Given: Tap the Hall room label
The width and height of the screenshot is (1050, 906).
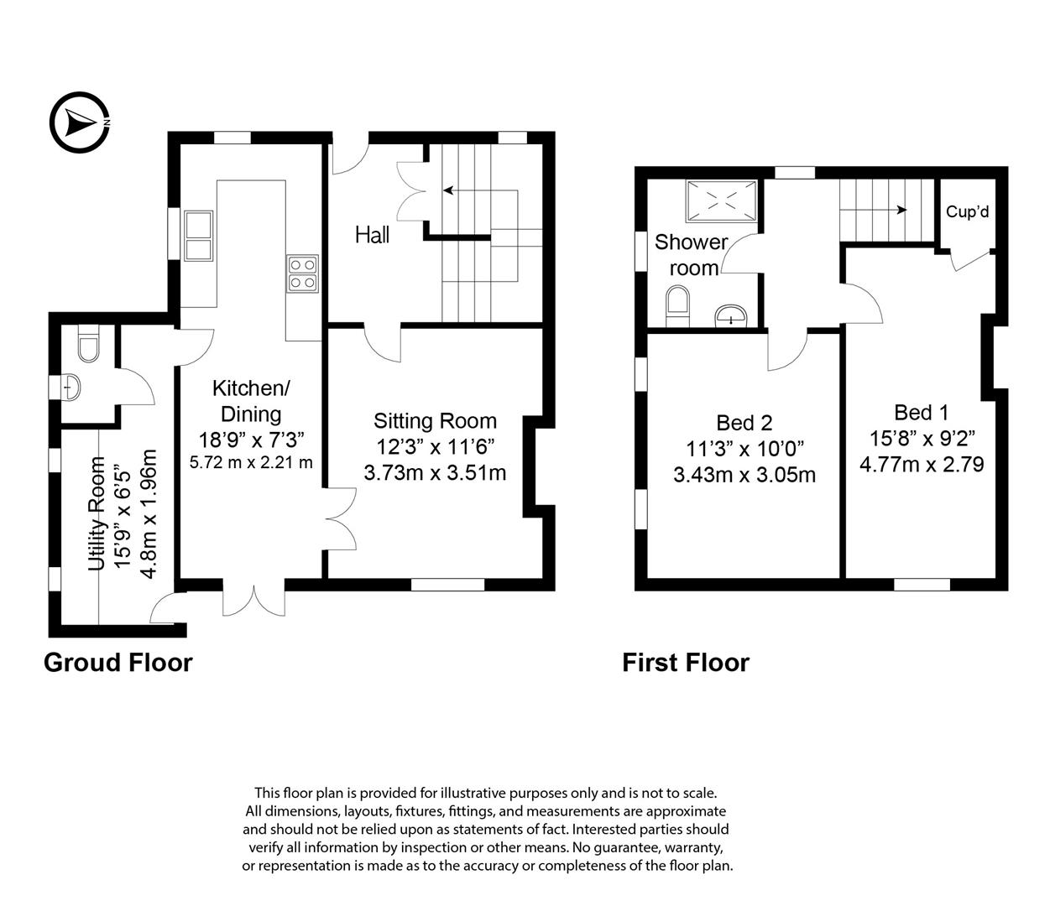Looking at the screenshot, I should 372,235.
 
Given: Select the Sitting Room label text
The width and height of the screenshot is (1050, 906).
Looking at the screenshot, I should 435,421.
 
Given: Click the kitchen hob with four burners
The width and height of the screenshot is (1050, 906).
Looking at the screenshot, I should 303,273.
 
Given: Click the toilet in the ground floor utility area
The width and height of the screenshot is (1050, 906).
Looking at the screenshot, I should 86,346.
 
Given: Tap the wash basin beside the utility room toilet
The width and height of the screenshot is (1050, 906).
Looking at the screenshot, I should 73,388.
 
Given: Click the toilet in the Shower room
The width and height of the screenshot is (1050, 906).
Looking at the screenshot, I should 676,306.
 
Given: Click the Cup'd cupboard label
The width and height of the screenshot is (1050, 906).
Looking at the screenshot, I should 967,212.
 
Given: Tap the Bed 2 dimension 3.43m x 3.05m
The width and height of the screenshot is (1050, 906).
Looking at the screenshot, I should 744,475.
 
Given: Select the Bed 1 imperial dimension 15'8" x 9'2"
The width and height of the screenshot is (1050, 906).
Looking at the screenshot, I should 922,438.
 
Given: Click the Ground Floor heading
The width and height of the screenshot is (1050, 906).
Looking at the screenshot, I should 118,663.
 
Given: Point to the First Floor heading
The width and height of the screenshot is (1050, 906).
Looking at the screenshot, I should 686,663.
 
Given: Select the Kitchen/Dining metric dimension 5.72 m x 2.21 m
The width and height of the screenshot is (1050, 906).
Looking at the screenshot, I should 251,462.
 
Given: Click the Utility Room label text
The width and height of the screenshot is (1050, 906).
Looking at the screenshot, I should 97,513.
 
